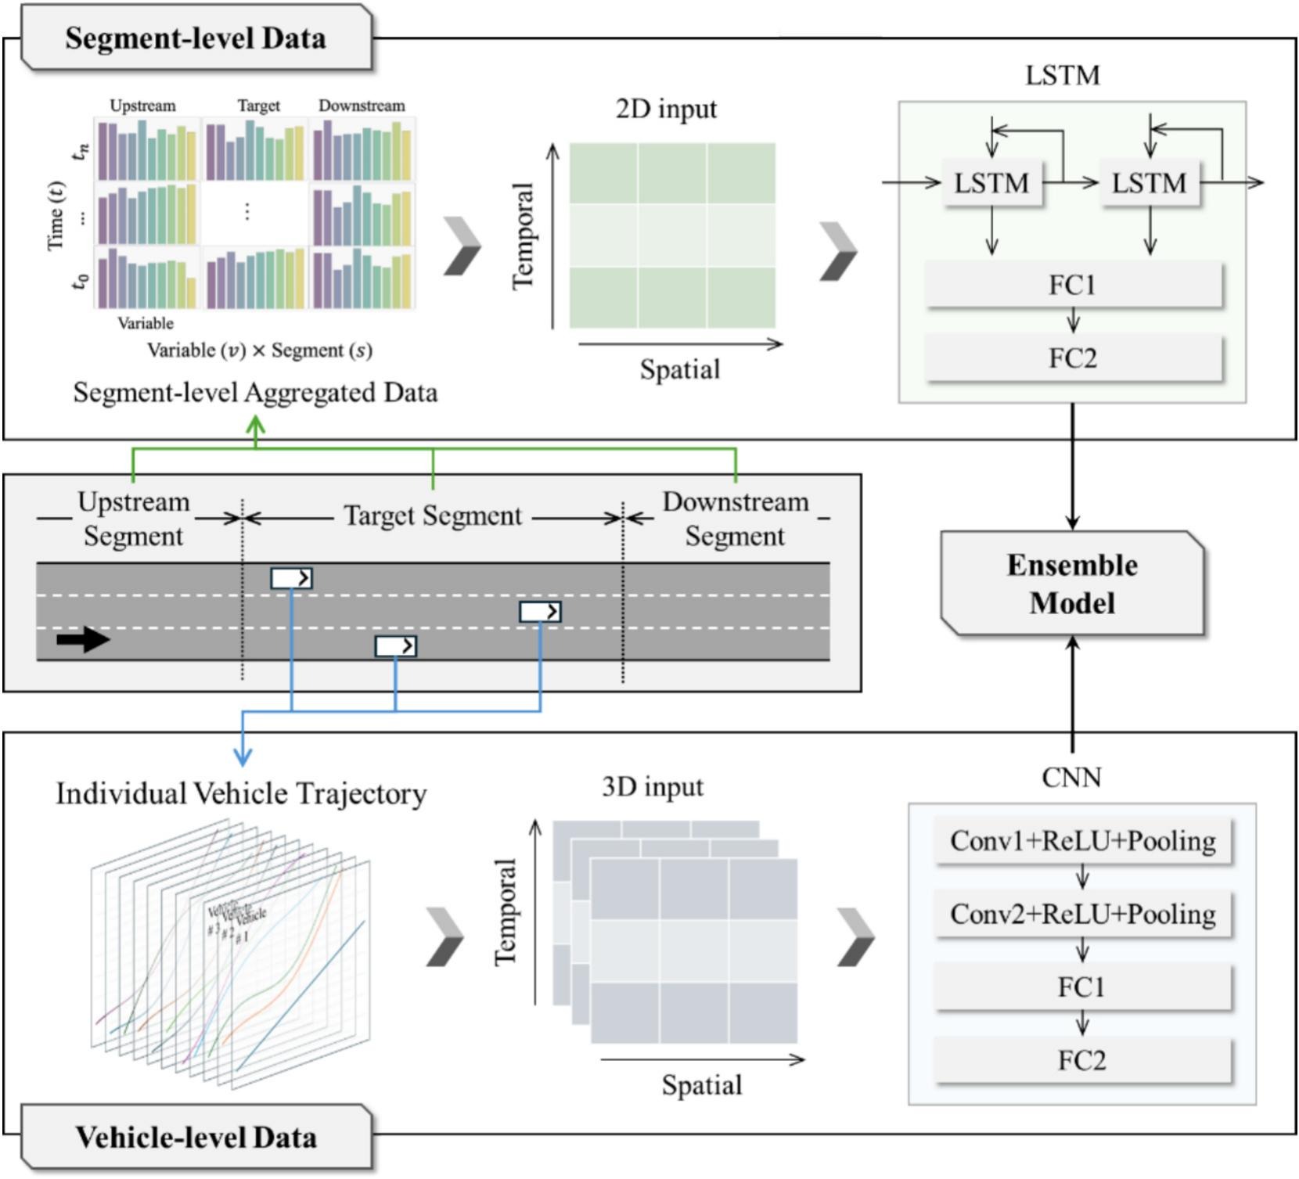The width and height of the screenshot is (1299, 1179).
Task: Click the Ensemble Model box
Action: tap(1071, 584)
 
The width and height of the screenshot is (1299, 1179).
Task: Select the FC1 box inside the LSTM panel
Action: tap(1072, 285)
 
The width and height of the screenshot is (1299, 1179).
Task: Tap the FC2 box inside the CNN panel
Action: tap(1081, 1061)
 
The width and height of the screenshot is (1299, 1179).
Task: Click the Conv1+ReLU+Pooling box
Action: tap(1082, 841)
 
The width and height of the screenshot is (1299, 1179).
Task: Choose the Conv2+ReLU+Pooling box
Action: tap(1082, 914)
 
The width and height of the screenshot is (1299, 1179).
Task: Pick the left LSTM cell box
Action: tap(991, 183)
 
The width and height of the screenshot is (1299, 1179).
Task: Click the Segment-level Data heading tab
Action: tap(196, 38)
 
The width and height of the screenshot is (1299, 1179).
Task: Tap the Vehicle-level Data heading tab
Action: tap(196, 1137)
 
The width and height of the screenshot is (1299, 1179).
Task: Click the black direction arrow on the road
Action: tap(83, 640)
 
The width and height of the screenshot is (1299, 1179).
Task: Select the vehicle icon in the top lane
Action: tap(291, 578)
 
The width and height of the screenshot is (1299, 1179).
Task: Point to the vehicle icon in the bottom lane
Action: tap(395, 646)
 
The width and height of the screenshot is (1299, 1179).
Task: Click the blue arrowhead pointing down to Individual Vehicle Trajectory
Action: tap(243, 757)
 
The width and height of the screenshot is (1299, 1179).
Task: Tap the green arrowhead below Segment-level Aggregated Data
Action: tap(256, 426)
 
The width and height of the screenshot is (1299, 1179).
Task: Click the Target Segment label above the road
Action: tap(433, 516)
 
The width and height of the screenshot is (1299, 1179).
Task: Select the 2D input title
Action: tap(666, 109)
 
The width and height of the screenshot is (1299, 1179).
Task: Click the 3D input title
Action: tap(653, 786)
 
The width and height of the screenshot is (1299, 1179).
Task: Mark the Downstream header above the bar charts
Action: tap(362, 106)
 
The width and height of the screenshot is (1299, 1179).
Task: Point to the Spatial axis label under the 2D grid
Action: tap(679, 369)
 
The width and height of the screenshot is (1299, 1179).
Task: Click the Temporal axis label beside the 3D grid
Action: tap(506, 912)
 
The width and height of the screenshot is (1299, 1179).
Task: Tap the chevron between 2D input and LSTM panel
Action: tap(839, 250)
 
